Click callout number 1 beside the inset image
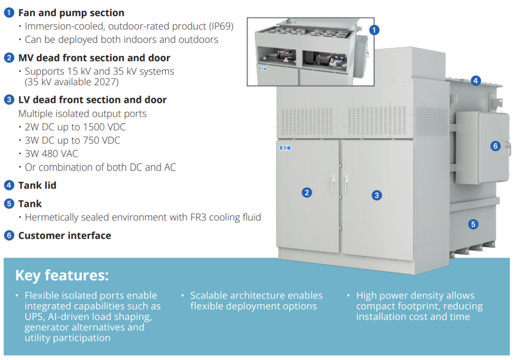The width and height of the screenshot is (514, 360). [374, 30]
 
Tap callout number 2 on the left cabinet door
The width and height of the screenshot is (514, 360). [307, 192]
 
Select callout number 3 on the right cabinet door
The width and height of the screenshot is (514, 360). [376, 195]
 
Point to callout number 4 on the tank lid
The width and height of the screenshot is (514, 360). [475, 80]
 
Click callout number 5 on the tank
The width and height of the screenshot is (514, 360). [473, 224]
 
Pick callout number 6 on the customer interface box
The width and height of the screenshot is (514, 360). [495, 146]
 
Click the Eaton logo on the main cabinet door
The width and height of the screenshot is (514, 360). [285, 148]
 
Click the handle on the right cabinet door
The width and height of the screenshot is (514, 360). [346, 184]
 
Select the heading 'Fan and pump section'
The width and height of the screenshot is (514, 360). [71, 13]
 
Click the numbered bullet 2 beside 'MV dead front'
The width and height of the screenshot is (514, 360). [9, 58]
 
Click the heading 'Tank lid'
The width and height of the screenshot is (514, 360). [37, 186]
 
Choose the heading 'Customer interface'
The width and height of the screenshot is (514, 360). [65, 236]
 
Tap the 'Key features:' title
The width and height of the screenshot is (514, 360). [62, 275]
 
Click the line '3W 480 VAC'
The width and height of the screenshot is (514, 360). [51, 154]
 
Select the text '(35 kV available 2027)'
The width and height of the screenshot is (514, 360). [71, 82]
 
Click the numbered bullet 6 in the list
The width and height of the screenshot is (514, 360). [9, 235]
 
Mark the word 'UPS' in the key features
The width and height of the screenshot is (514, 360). [34, 317]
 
